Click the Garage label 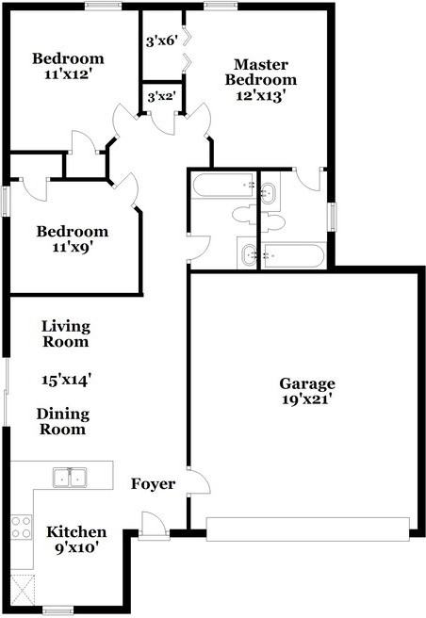[x=306, y=383]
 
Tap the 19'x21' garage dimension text [x=306, y=399]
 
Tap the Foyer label [x=153, y=483]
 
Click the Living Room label [x=66, y=334]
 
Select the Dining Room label [x=61, y=421]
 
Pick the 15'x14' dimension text [x=66, y=380]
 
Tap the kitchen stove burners [x=20, y=527]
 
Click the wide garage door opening [x=308, y=529]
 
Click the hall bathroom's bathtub [x=222, y=185]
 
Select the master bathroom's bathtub [x=294, y=253]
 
